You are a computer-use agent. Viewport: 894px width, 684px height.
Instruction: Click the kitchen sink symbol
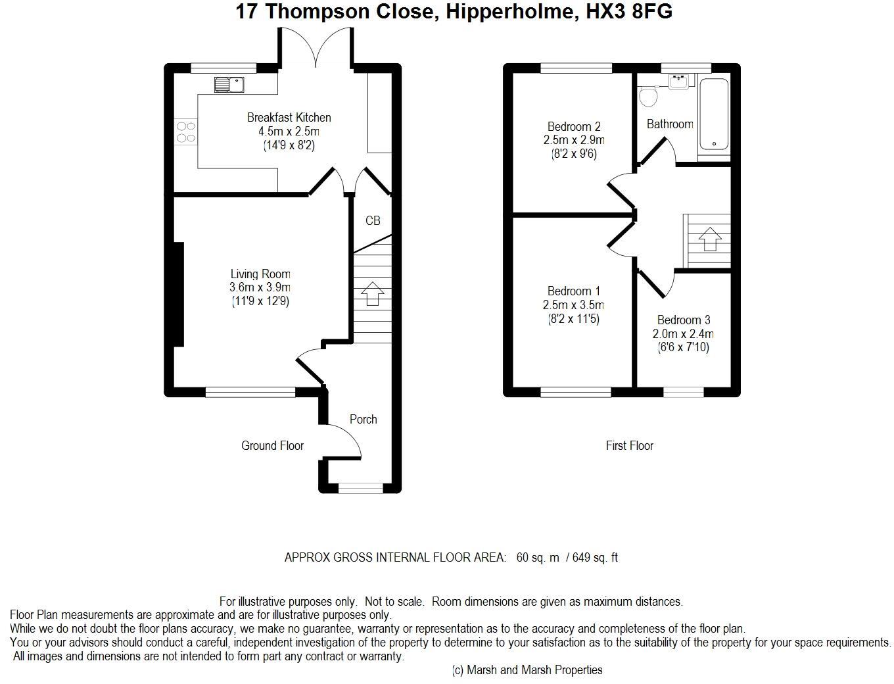click(229, 85)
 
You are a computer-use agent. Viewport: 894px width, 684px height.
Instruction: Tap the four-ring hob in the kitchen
click(186, 132)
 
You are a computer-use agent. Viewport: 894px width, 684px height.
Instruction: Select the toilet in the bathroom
click(648, 96)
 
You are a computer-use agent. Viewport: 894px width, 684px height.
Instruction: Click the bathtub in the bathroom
click(714, 114)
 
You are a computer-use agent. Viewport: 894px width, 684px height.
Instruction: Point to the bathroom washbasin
click(678, 82)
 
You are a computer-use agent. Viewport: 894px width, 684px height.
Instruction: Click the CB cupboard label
click(373, 220)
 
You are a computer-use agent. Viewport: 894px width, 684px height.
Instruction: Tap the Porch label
click(363, 419)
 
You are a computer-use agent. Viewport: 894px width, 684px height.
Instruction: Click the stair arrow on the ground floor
click(372, 293)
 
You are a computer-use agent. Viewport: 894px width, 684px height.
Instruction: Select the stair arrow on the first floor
click(710, 239)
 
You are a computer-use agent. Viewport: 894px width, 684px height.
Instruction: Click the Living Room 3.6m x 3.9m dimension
click(260, 287)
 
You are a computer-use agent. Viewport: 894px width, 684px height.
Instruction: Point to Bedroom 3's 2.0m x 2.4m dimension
click(683, 333)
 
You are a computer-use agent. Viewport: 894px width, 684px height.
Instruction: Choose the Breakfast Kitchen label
click(289, 117)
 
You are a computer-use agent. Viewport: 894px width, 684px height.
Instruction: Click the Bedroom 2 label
click(573, 126)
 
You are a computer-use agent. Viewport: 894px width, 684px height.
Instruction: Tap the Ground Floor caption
click(272, 445)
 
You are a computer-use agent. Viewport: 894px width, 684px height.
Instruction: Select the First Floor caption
click(629, 445)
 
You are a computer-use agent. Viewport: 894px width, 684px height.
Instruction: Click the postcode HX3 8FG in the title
click(629, 11)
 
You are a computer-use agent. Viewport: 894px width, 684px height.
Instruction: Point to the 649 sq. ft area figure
click(595, 557)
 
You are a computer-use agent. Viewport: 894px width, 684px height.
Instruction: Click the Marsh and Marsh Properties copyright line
click(527, 670)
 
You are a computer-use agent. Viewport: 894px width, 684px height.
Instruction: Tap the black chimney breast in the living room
click(179, 295)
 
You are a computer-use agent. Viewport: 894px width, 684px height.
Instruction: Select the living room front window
click(250, 392)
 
